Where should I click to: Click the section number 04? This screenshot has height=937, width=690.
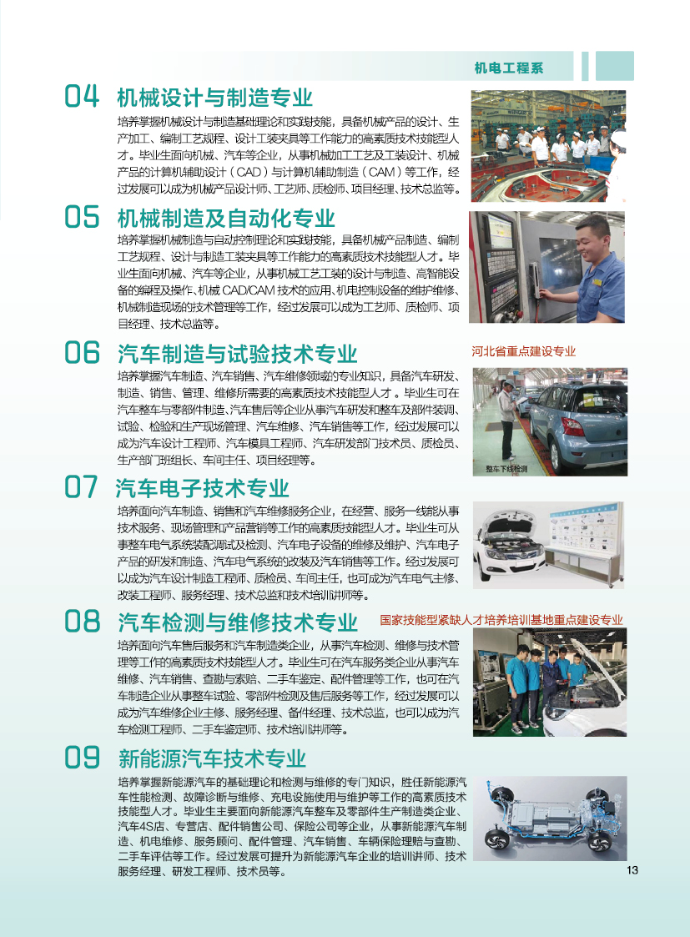(x=82, y=96)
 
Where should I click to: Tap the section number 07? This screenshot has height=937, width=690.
(x=81, y=487)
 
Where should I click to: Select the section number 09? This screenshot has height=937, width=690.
(x=82, y=758)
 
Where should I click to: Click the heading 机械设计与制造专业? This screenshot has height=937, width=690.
(x=215, y=98)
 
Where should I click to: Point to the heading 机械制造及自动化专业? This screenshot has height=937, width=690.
(x=226, y=218)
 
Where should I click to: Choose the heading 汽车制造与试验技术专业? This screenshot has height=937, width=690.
(x=237, y=354)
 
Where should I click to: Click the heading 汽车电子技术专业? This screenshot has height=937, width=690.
(x=203, y=488)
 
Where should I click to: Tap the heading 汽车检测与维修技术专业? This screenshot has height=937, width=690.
(x=237, y=622)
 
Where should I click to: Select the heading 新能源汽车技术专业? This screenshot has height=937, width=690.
(x=212, y=759)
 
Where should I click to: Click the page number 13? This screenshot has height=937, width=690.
(x=632, y=870)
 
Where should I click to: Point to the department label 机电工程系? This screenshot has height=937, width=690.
(x=508, y=68)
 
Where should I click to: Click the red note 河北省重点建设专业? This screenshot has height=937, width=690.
(x=523, y=351)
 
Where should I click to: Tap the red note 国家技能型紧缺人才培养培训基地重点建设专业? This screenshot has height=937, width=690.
(x=501, y=620)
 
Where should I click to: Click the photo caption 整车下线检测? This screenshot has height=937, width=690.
(x=506, y=469)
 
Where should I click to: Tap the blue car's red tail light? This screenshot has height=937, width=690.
(x=573, y=426)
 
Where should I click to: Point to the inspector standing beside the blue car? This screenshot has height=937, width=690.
(x=507, y=421)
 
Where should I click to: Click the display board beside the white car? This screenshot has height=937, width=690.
(x=584, y=528)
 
